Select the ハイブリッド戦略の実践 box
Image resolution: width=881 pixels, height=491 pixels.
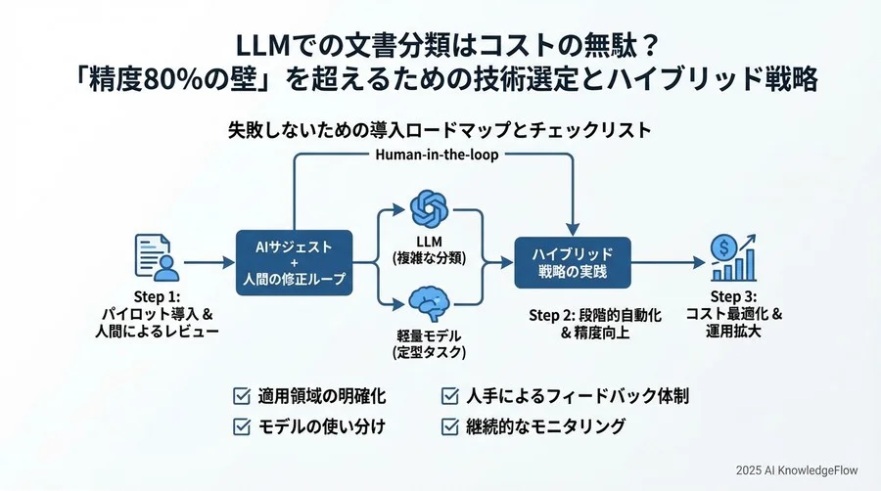(573, 261)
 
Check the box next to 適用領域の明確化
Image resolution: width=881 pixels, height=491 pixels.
(241, 396)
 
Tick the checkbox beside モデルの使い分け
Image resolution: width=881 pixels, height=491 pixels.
(241, 426)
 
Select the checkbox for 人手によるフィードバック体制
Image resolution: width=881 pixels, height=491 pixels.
(451, 396)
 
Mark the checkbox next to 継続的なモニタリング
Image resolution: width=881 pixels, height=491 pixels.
(451, 426)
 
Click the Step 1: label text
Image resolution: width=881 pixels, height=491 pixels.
(158, 296)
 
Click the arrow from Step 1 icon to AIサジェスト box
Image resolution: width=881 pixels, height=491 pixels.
(209, 261)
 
